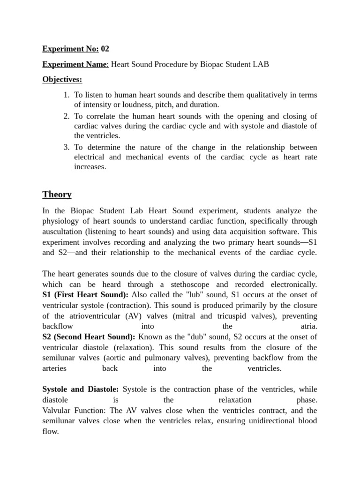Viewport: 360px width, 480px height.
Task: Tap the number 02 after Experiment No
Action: pos(105,48)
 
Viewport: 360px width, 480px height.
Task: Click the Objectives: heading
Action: pos(62,80)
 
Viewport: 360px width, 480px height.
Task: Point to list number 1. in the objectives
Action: pos(67,95)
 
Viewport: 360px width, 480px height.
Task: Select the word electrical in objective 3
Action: pos(90,157)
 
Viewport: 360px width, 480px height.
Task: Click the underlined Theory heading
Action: pos(57,194)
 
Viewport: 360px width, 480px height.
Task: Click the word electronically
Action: pos(293,284)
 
